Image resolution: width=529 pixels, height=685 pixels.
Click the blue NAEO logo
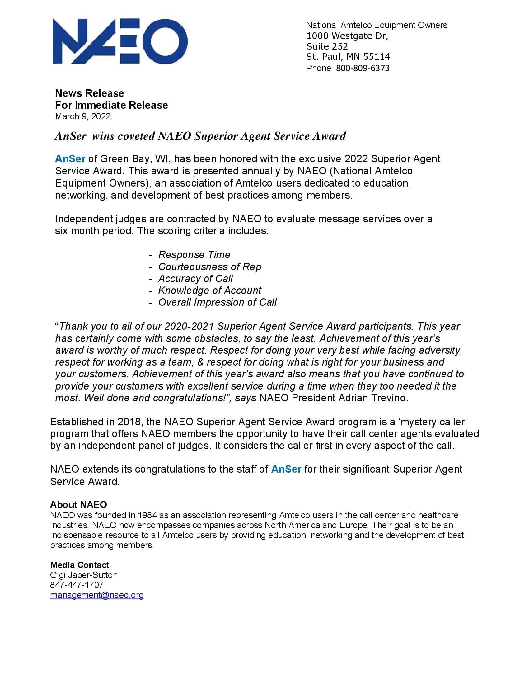coord(120,41)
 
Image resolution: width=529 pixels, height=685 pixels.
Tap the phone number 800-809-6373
coord(363,68)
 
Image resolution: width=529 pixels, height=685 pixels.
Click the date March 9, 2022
coord(83,116)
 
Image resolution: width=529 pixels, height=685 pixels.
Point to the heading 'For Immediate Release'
coord(111,105)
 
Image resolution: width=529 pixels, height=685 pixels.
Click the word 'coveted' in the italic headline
coord(132,136)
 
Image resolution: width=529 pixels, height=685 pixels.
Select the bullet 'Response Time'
coord(194,254)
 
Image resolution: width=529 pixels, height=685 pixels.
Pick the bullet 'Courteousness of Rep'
coord(209,267)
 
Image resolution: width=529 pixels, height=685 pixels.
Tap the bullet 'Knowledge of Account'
coord(209,291)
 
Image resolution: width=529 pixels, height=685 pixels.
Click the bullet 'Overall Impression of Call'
coord(217,302)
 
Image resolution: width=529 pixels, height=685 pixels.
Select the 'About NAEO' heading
coord(78,504)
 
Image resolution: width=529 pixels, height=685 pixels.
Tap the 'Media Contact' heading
coord(80,565)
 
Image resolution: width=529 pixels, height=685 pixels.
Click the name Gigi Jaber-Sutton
coord(84,575)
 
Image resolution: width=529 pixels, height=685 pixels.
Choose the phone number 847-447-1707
coord(77,585)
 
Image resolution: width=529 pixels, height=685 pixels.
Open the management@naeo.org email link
coord(97,595)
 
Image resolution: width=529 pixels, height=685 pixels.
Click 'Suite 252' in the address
coord(327,46)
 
